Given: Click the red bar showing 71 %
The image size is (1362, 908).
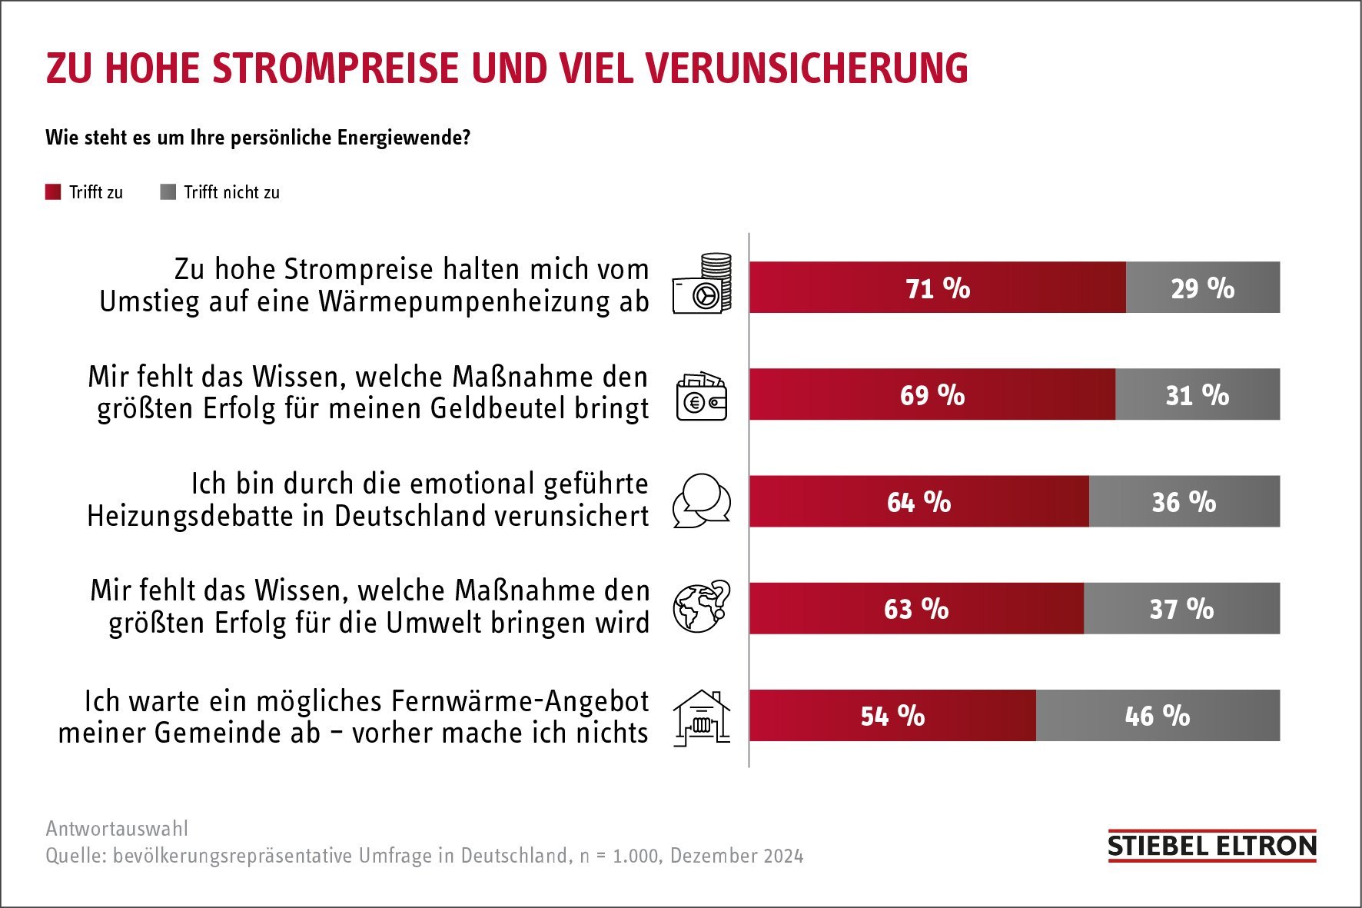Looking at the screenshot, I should (x=937, y=288).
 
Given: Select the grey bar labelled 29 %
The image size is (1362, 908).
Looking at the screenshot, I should (x=1202, y=288).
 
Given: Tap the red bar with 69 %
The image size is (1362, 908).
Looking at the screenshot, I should (x=932, y=394).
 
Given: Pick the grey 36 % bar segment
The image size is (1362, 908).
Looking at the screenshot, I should (x=1184, y=501).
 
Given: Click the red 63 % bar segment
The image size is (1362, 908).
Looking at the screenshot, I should (x=916, y=608).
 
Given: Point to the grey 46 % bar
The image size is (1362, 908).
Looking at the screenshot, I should (x=1158, y=715).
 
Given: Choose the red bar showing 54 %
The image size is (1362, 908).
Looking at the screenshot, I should (x=892, y=715).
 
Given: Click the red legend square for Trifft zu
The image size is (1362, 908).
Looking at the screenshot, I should (x=53, y=192).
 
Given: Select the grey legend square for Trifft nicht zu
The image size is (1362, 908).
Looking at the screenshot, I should (x=168, y=192).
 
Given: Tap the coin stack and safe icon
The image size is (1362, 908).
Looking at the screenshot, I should (x=702, y=284).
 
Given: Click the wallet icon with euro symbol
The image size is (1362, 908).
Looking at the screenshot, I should (x=701, y=396).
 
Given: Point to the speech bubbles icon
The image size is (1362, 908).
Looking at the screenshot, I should (x=701, y=501).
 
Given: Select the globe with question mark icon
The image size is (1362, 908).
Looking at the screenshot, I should (x=701, y=607).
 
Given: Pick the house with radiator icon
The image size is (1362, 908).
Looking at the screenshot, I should (x=701, y=717).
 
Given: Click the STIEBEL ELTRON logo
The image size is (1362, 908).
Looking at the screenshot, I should (x=1211, y=846).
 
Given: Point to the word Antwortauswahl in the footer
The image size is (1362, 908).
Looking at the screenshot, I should (x=117, y=828).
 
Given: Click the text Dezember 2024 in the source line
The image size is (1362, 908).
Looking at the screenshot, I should (x=736, y=856).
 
